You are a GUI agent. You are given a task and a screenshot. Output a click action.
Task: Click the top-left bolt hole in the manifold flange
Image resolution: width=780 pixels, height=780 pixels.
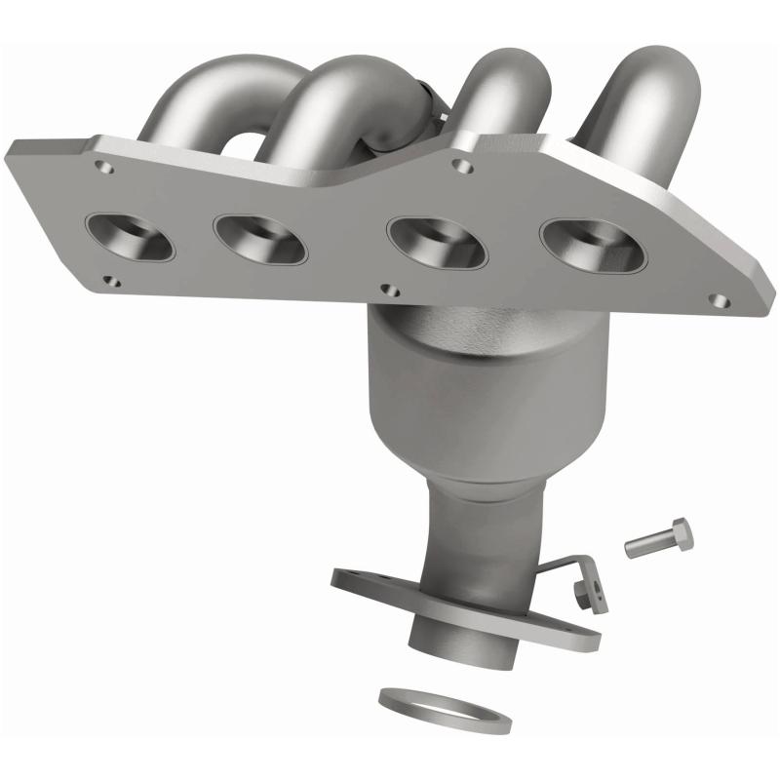106,168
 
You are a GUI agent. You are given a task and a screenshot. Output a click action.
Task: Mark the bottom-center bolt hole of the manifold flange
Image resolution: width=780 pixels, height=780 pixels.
391,290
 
